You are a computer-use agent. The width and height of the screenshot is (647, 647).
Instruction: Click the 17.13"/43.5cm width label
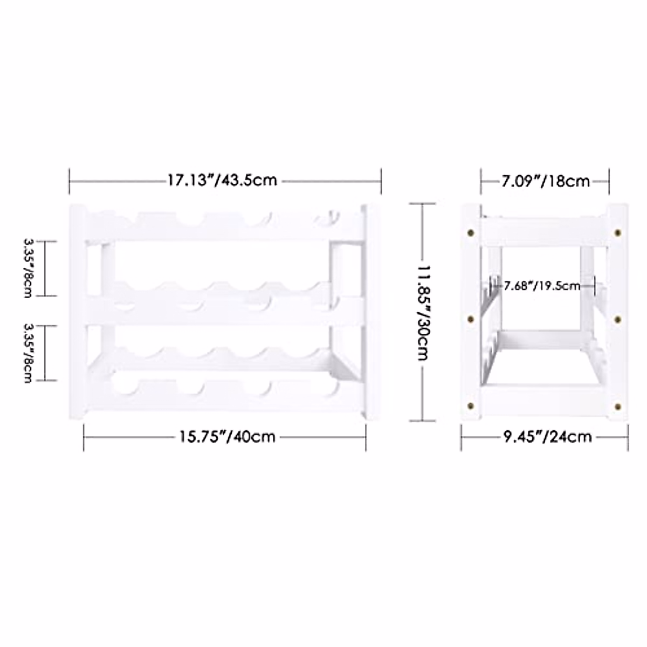(222, 180)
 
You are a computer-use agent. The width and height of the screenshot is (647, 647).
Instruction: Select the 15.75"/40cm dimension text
(228, 436)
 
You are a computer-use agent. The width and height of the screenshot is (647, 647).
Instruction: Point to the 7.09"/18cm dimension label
(546, 181)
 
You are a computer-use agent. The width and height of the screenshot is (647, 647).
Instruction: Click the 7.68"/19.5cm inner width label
(542, 285)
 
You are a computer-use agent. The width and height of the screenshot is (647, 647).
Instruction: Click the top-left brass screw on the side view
(472, 233)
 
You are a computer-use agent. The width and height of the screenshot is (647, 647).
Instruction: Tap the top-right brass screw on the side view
(618, 233)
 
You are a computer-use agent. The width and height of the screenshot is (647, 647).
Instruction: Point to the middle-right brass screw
(618, 319)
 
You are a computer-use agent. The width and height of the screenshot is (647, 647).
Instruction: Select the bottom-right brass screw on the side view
(618, 405)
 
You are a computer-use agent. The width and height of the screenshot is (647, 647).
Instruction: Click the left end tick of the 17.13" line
(70, 181)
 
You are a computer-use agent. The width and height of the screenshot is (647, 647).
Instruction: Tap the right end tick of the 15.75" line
(366, 437)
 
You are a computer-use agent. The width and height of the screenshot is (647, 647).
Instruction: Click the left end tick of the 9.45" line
(462, 437)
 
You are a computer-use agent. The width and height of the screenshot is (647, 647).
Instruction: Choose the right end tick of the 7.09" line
(609, 181)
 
